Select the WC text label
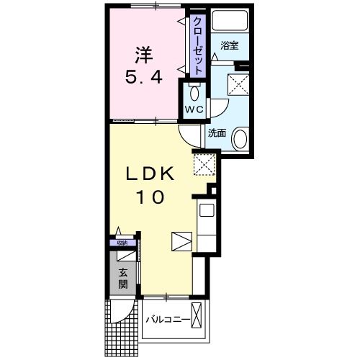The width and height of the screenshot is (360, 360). point(194,109)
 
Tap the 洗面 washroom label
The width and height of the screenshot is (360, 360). point(217,132)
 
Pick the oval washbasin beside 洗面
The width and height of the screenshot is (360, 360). point(240,137)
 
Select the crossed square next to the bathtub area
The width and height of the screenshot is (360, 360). point(236,84)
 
